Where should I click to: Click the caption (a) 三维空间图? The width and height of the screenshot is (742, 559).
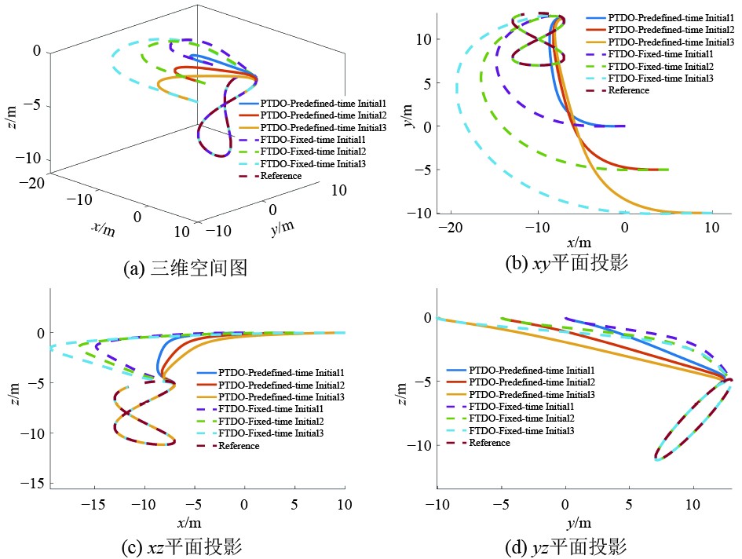tap(185, 269)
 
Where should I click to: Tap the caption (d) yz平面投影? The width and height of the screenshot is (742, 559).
tap(567, 546)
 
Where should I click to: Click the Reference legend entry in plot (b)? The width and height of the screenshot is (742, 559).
tap(629, 90)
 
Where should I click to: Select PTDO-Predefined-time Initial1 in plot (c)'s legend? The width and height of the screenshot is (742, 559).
tap(282, 372)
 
